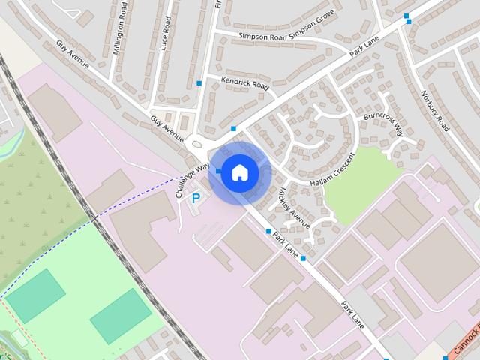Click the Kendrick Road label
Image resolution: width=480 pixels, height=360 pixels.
pos(244,82)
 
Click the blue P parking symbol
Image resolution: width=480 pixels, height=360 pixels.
pos(196,199)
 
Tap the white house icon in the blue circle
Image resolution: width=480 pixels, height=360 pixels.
pos(239,173)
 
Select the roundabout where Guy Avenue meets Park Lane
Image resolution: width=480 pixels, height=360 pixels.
pos(198,144)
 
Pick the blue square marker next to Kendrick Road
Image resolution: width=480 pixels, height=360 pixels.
pos(199,82)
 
